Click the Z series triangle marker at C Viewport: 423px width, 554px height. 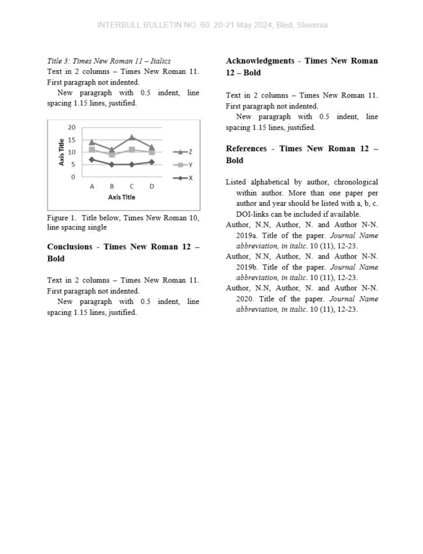coord(132,137)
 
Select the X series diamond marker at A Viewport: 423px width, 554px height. coord(92,159)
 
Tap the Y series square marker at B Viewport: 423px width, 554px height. coord(112,155)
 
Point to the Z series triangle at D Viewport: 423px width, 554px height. coord(151,147)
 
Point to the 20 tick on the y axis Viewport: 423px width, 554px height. coord(71,127)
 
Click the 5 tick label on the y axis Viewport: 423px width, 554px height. coord(73,164)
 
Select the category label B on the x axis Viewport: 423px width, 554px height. coord(112,186)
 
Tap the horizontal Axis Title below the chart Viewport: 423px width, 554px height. coord(122,197)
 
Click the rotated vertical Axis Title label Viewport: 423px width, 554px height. coord(62,152)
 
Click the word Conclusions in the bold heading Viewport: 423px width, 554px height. coord(71,247)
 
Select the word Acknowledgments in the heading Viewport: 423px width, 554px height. coord(260,61)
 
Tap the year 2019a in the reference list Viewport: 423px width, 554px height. coord(248,236)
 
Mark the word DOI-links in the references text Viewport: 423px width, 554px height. coord(253,214)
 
